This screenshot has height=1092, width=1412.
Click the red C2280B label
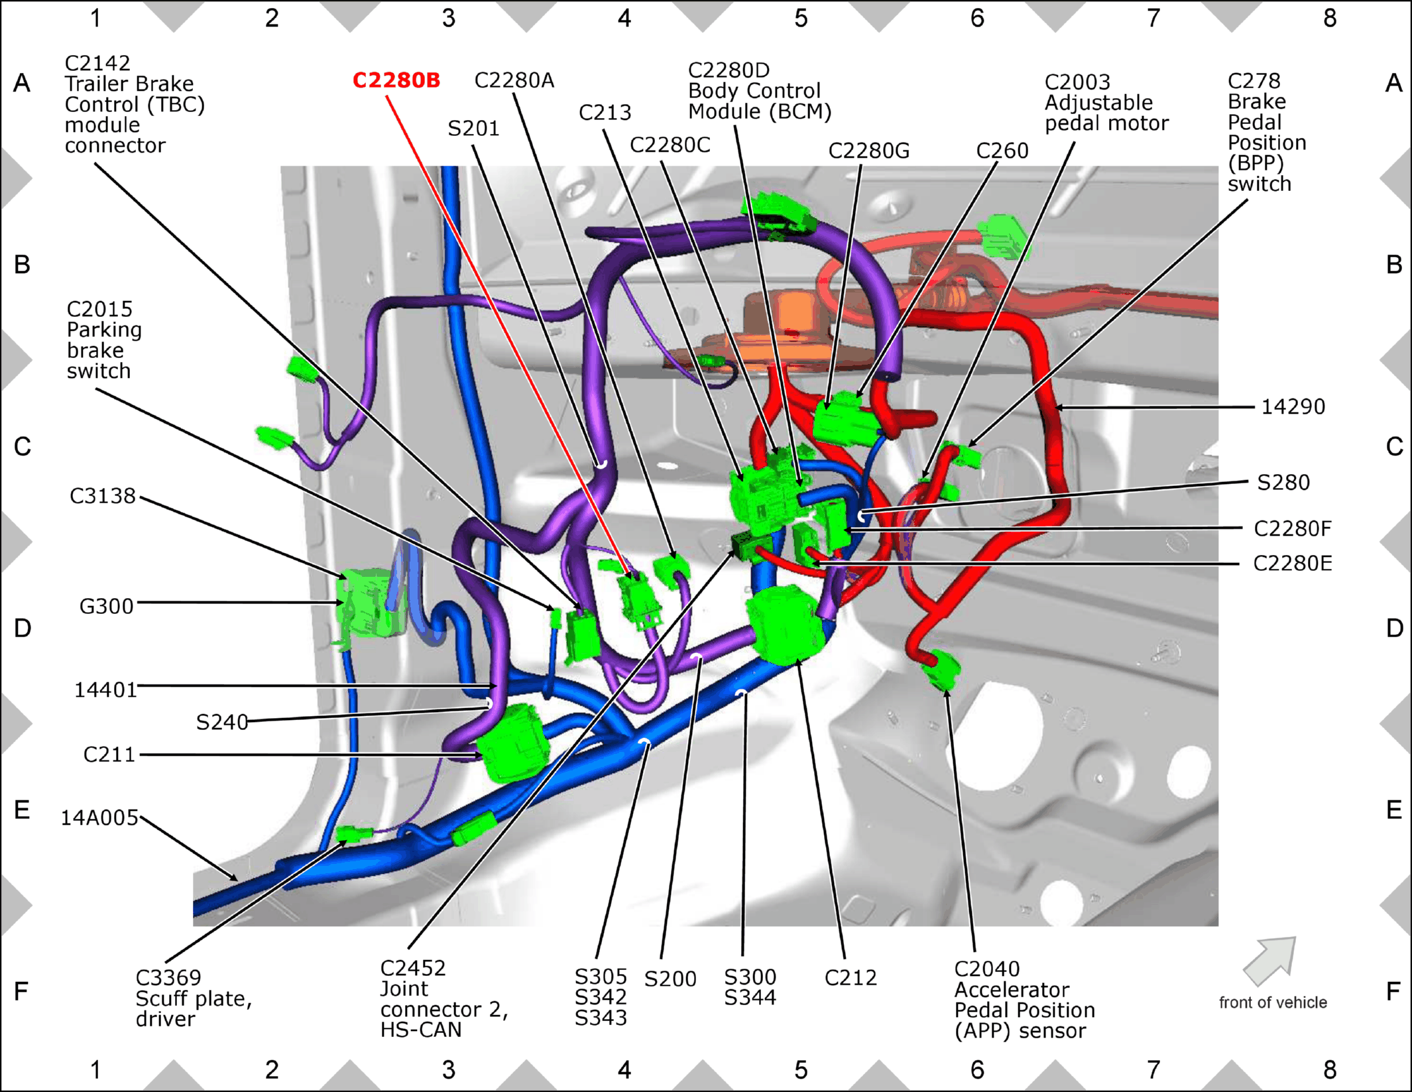pos(396,80)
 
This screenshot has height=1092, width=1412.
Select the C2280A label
pos(514,80)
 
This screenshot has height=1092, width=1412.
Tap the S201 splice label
pos(473,128)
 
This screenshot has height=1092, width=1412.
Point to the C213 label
pos(605,112)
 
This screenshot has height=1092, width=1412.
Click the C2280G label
pos(869,151)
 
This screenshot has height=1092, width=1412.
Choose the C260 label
pos(1002,151)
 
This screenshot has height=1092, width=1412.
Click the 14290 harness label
pos(1293,406)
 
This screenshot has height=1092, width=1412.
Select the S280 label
pos(1283,482)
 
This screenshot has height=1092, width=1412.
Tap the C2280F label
pos(1293,528)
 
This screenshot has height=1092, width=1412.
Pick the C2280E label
pos(1293,563)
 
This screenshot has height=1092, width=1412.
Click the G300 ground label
pos(106,606)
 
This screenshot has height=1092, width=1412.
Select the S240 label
pos(222,721)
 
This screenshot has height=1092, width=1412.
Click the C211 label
pos(109,755)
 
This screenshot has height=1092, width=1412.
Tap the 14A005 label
pos(99,818)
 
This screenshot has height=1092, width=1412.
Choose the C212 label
pos(851,977)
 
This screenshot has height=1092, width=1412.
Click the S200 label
pos(670,979)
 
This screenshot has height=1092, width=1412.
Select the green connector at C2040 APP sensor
pos(941,670)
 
